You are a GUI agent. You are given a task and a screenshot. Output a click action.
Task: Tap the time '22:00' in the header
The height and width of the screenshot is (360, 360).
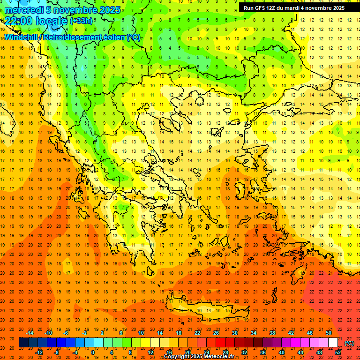click(x=18, y=21)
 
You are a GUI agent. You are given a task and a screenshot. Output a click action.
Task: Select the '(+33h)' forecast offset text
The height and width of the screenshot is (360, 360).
click(x=81, y=21)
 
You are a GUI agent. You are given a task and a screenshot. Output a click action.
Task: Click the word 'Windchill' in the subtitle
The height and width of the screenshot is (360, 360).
click(x=21, y=37)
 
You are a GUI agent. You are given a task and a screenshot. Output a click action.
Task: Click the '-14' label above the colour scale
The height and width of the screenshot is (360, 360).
click(x=30, y=333)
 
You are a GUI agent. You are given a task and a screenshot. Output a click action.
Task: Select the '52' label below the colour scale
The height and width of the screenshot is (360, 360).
click(x=338, y=352)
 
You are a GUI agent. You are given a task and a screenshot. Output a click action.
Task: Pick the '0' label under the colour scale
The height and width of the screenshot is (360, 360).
click(x=93, y=352)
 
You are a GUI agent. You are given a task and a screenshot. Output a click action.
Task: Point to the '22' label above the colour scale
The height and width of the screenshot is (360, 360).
click(x=197, y=333)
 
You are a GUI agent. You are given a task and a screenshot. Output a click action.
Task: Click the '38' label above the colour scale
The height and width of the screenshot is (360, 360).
click(x=272, y=333)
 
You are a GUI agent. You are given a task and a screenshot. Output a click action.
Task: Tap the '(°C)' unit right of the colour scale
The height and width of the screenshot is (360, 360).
click(x=349, y=343)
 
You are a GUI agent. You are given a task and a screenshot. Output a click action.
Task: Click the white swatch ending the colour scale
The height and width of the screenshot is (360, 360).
click(x=333, y=343)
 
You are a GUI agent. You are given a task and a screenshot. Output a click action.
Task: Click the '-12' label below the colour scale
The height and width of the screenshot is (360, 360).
click(x=39, y=352)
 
